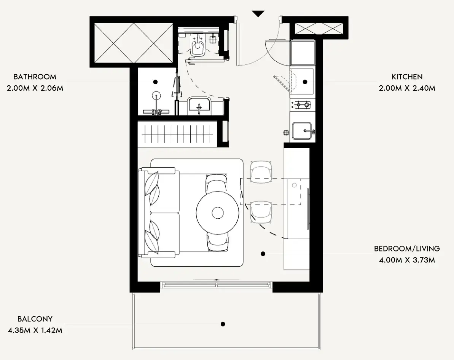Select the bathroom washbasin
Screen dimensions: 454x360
tap(199, 104)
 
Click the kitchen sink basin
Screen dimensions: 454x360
tap(302, 131)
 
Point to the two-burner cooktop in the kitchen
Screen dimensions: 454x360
tap(302, 105)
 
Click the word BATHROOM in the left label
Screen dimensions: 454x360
tap(35, 77)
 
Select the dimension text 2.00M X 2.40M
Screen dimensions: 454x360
tap(407, 88)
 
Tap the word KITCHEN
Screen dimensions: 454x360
tap(407, 77)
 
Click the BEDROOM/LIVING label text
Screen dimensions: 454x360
tap(407, 249)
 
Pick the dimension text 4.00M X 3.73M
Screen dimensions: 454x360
tap(407, 260)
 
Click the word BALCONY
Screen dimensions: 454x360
tap(35, 319)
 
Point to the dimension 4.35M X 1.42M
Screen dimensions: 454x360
tap(35, 330)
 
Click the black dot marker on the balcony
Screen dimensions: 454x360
tap(223, 324)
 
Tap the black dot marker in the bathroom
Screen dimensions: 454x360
tap(155, 82)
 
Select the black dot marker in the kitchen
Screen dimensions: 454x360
tap(305, 82)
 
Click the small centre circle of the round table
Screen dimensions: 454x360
tap(217, 213)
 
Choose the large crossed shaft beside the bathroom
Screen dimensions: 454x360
tap(134, 43)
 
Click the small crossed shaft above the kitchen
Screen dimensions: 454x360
tap(319, 29)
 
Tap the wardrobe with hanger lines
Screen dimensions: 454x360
tap(177, 134)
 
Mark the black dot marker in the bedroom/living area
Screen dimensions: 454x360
tap(263, 254)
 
